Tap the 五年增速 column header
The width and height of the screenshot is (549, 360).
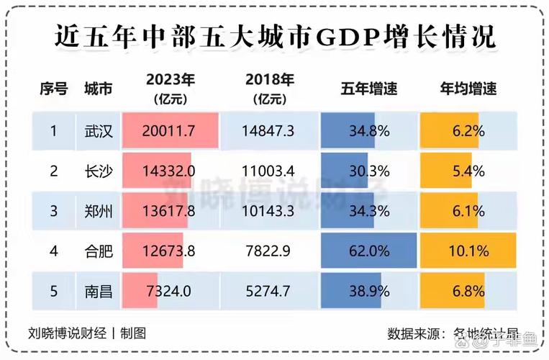(368, 89)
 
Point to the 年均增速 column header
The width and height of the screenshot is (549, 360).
(468, 89)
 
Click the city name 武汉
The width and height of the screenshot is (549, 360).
(98, 130)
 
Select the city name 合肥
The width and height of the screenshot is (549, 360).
(98, 251)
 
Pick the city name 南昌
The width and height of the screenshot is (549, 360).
(98, 291)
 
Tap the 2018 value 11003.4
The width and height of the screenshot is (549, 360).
(269, 171)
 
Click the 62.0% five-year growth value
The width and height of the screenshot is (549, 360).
(368, 251)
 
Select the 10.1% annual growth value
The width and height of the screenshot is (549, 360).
(468, 251)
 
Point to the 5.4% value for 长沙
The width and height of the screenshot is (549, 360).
(468, 171)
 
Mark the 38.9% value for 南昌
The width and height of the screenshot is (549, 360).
(368, 291)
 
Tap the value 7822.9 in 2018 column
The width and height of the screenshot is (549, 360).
(269, 251)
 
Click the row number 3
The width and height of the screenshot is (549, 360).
(53, 211)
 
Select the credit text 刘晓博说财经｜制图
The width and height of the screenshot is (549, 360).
(87, 333)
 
